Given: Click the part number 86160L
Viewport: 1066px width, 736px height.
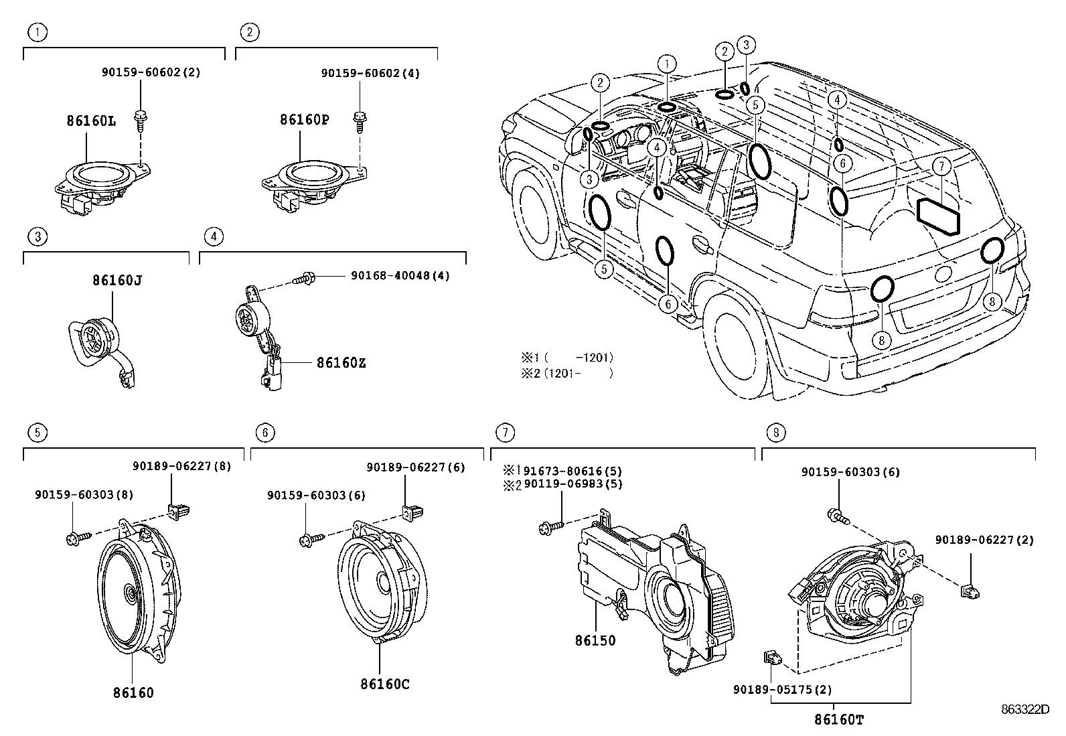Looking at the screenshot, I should coord(90,121).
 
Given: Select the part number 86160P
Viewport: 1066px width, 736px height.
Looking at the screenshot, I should coord(304,120).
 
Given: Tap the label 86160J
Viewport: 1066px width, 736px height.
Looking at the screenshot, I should coord(117,281).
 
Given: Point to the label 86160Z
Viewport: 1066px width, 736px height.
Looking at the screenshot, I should coord(341,363).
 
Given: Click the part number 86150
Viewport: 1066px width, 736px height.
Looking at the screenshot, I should coord(595,640).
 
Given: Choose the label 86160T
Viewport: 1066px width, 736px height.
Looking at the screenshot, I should coord(839,720).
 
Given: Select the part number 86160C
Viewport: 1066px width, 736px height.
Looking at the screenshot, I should coord(384,684).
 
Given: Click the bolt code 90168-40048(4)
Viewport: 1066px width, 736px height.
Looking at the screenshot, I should coord(400,275).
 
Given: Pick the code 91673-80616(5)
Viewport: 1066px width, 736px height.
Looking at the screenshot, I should coord(573,471).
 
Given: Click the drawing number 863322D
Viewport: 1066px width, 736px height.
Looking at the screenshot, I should coord(1024,709).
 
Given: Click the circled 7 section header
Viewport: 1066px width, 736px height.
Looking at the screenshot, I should coord(505,433).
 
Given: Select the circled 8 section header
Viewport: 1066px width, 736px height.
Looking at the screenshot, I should coord(775,433).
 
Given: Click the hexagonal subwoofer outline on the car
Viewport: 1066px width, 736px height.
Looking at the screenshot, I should coord(938,216).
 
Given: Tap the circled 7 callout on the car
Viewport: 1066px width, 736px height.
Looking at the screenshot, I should coord(941,165).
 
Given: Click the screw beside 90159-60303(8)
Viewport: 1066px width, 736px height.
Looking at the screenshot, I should coord(75,538).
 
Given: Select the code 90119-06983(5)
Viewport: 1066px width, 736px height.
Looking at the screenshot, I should coord(573,484).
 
